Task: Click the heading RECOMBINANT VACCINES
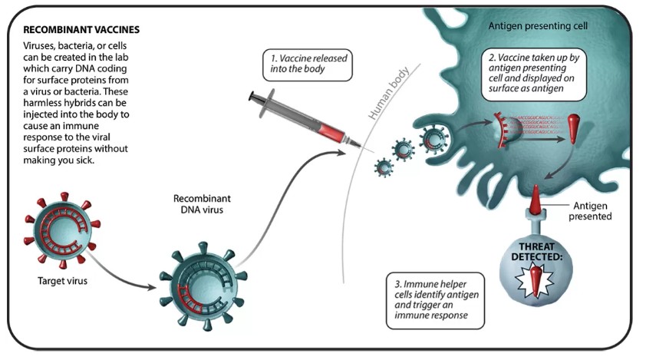click(81, 30)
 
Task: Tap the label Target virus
click(62, 280)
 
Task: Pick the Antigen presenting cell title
click(536, 26)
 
